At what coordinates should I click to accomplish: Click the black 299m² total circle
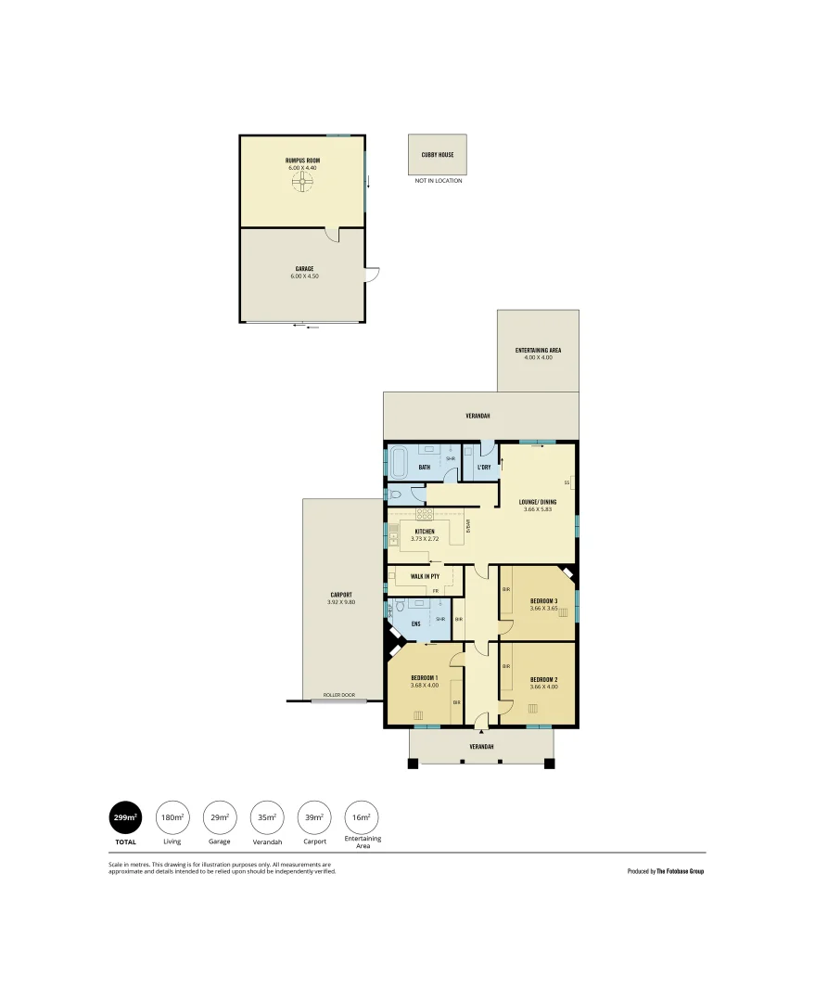(x=125, y=817)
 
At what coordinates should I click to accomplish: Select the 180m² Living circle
(x=172, y=817)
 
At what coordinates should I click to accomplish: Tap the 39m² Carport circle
(x=314, y=817)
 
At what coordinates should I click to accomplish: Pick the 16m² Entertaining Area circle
(x=362, y=817)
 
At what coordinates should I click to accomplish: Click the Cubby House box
(x=437, y=155)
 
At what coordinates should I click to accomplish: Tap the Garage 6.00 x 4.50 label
(x=304, y=272)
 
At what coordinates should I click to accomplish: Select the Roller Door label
(x=338, y=695)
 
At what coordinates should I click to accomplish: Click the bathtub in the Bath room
(x=400, y=461)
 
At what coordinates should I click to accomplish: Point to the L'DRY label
(x=483, y=467)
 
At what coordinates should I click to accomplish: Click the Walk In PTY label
(x=425, y=576)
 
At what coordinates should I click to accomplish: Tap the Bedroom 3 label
(x=543, y=601)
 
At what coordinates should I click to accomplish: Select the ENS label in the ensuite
(x=415, y=623)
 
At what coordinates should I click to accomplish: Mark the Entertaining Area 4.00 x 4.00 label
(x=538, y=353)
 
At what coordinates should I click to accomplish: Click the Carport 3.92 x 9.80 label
(x=341, y=598)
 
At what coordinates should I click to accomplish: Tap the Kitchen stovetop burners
(x=424, y=513)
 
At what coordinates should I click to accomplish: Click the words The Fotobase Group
(x=680, y=871)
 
